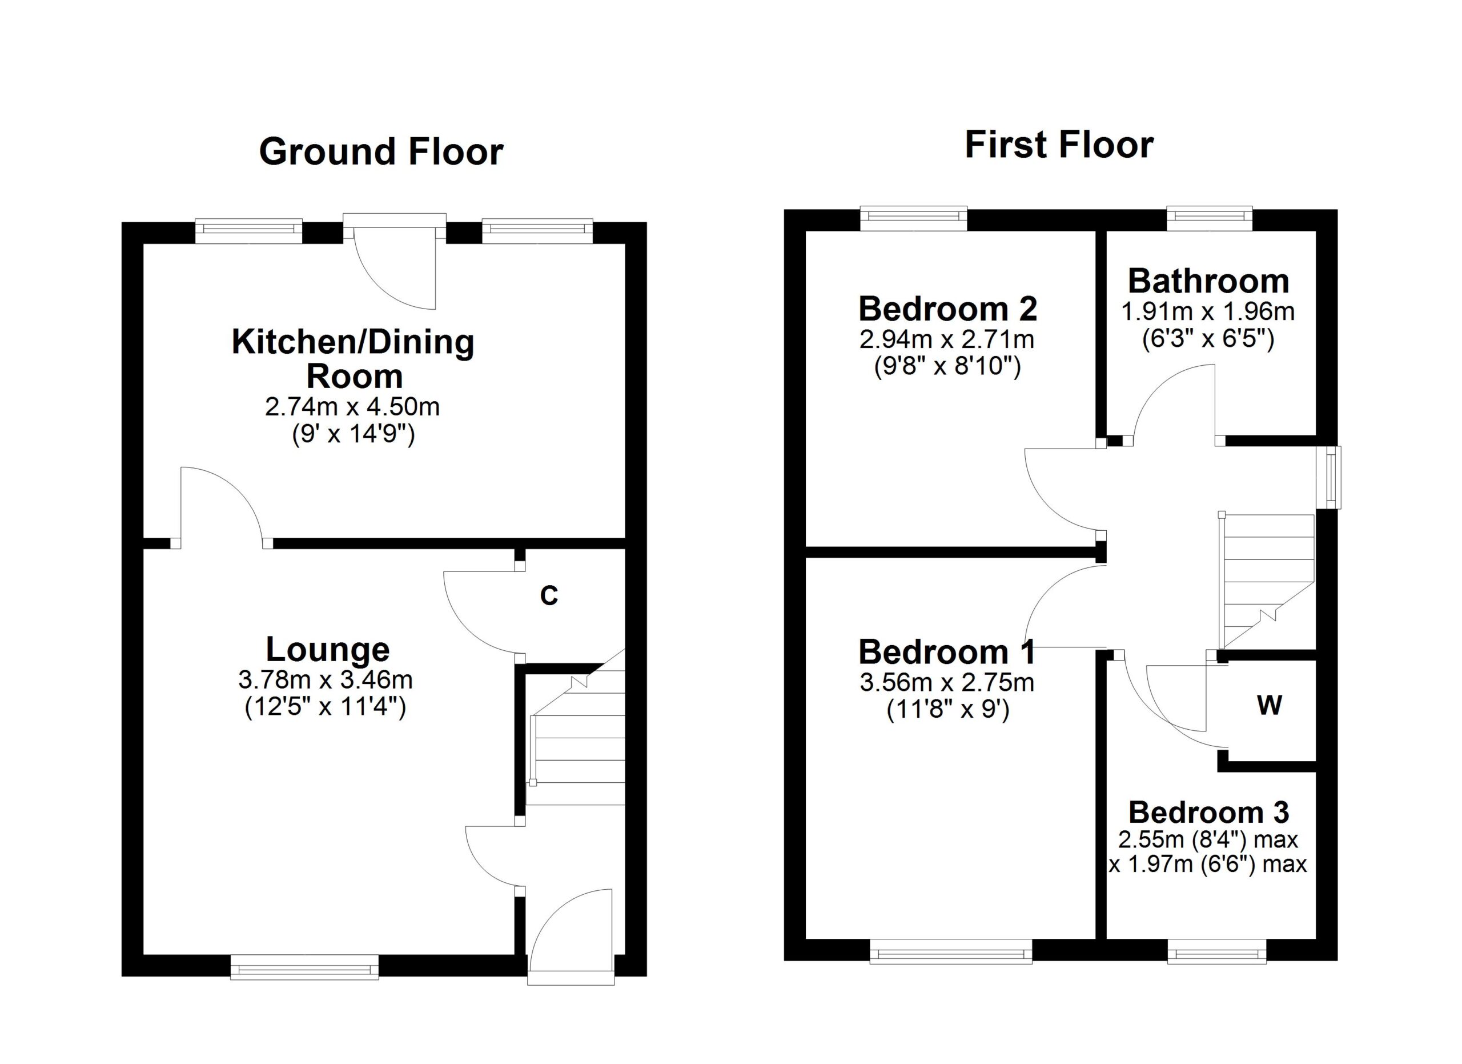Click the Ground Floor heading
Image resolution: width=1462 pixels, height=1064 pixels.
(x=381, y=152)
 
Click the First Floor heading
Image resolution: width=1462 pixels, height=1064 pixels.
(x=1059, y=145)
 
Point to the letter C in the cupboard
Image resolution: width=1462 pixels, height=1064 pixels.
(x=549, y=596)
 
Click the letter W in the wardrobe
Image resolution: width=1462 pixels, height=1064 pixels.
(x=1270, y=706)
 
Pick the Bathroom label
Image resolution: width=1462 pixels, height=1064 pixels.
(x=1208, y=281)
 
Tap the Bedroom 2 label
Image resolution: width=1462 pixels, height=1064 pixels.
(x=947, y=309)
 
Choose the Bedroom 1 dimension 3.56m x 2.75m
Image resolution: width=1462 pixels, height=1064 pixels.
(x=947, y=682)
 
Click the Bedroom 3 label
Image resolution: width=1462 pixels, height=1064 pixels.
(x=1208, y=813)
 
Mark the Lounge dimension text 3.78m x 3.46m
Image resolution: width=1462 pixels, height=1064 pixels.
(x=326, y=679)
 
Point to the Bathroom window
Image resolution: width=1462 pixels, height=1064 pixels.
(x=1210, y=218)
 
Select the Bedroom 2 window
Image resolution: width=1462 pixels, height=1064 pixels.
(x=914, y=218)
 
